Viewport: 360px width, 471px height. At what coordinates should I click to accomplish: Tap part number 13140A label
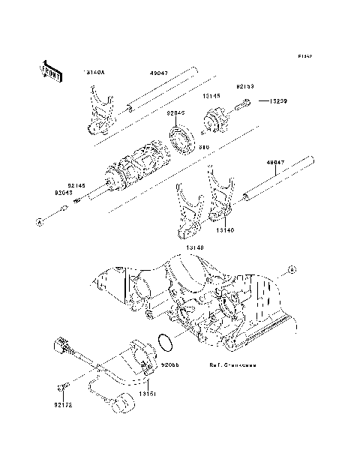pos(95,72)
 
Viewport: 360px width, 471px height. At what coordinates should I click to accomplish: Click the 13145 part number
pos(210,96)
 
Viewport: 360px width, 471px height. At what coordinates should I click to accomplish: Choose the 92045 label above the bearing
pos(175,112)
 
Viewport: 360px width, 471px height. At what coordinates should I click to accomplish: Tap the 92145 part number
pos(76,184)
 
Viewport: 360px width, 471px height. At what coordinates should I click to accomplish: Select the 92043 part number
pos(64,192)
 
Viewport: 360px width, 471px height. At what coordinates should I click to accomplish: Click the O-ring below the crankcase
pos(168,342)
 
